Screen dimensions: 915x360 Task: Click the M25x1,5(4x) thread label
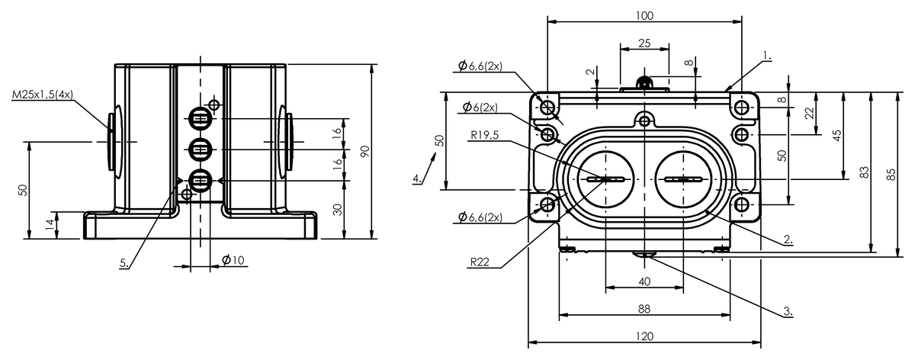point(43,95)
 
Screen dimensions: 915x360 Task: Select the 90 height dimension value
point(365,151)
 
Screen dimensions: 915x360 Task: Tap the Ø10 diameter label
point(233,260)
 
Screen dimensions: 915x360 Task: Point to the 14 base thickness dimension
point(50,224)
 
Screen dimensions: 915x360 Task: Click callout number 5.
point(124,263)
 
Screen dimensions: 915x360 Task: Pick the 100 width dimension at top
point(644,16)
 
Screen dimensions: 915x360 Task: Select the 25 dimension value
point(644,43)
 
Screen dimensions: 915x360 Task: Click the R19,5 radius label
point(484,135)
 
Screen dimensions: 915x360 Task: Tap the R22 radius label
point(480,262)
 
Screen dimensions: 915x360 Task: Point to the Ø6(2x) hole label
point(480,108)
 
